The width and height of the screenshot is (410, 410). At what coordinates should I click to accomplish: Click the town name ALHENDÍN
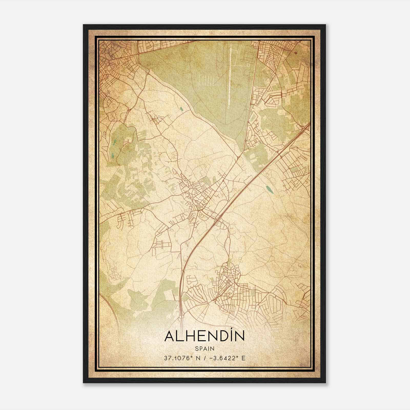pos(204,336)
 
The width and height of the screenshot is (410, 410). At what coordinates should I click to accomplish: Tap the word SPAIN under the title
pos(204,348)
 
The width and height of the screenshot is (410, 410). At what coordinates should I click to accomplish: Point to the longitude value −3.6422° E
pos(227,358)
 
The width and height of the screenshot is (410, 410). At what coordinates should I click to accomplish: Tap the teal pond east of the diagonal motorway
pos(269,190)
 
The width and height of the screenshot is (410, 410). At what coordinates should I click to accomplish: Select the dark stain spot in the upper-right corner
pos(296,53)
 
